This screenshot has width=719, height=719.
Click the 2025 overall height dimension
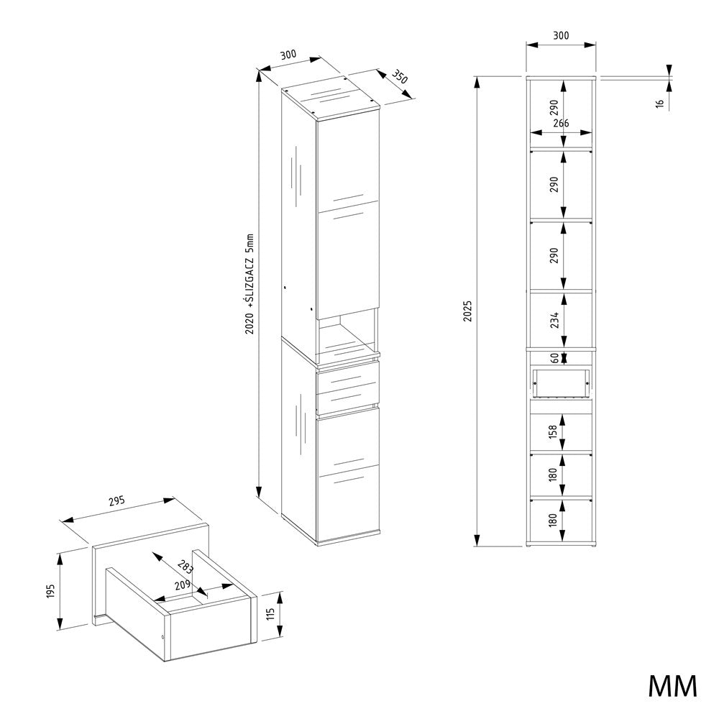[x=467, y=311]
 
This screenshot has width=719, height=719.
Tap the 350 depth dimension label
[x=400, y=77]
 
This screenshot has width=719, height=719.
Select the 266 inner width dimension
[x=562, y=123]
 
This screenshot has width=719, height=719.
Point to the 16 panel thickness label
[x=660, y=104]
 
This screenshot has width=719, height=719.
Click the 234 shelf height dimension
[x=555, y=320]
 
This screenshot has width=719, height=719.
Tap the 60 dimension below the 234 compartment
[x=555, y=357]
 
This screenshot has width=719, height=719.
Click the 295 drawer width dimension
[x=117, y=501]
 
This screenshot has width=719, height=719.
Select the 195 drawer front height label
[x=51, y=590]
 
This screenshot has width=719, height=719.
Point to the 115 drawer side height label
[x=270, y=615]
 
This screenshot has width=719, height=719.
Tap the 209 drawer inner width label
[x=183, y=585]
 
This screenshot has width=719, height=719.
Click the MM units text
[x=673, y=687]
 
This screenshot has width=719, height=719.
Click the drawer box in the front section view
[x=561, y=383]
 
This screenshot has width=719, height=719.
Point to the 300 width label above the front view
[x=561, y=35]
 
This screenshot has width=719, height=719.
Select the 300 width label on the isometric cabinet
[x=288, y=55]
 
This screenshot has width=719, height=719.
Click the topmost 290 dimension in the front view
[x=554, y=107]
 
